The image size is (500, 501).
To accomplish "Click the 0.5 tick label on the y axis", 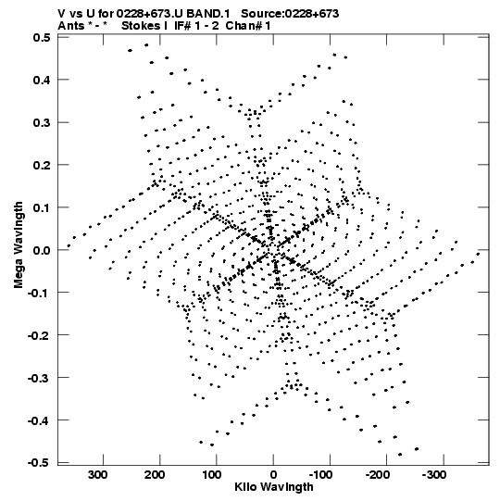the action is (42, 37).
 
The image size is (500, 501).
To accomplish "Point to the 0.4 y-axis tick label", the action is (42, 80).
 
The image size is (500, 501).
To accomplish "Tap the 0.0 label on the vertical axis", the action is (42, 250).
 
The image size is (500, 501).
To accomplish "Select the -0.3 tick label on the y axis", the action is (39, 378).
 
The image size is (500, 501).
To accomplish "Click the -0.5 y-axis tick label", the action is (39, 463).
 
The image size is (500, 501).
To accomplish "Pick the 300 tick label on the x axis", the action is (98, 475).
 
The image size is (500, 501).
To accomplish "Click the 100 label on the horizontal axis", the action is (211, 475).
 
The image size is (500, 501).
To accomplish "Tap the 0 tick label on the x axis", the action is (273, 475).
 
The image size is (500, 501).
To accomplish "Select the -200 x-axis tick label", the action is (378, 475).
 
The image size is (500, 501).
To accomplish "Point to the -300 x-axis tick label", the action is (434, 475).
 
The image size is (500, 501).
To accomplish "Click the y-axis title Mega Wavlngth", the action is (19, 245).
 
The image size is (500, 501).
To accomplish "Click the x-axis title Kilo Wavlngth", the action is (274, 487).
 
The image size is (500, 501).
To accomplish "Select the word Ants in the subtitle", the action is (71, 26).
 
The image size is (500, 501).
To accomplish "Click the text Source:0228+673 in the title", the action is (290, 14).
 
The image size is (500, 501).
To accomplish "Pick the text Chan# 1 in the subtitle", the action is (248, 26).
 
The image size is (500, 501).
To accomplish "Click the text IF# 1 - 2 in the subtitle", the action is (196, 26).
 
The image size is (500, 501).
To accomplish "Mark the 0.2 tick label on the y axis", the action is (42, 165).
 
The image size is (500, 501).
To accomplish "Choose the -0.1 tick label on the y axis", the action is (39, 293).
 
